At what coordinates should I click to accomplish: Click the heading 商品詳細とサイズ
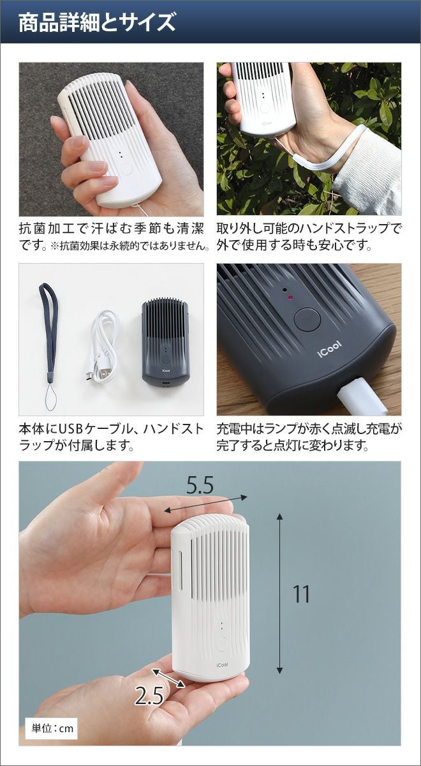97,22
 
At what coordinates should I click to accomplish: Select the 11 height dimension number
302,594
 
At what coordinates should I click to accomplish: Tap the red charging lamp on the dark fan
290,297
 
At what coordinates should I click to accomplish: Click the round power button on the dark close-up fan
307,320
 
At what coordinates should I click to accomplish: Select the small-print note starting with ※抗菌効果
130,246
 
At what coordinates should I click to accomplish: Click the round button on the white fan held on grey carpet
127,169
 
